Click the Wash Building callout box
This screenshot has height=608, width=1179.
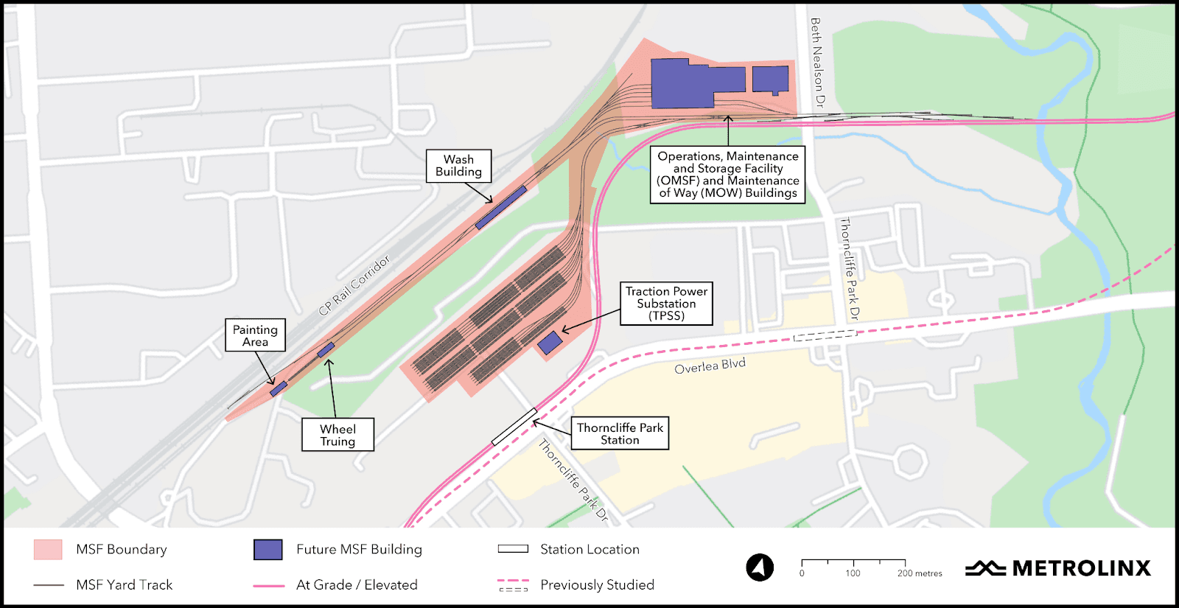coord(458,166)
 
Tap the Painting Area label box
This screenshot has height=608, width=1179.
coord(255,335)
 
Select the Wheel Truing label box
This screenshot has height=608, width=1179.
coord(337,435)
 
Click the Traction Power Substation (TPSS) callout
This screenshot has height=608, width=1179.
coord(666,303)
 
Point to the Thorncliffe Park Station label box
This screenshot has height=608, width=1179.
coord(620,433)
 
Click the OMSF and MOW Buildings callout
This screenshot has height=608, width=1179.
coord(727,175)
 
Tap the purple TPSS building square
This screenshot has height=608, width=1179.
coord(550,343)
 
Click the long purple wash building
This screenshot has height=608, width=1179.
coord(501,207)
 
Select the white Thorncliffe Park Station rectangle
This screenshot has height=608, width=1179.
coord(514,427)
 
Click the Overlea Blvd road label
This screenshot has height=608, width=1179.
coord(710,366)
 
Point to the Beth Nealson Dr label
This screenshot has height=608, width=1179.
coord(816,63)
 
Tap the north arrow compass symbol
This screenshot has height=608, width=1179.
coord(760,567)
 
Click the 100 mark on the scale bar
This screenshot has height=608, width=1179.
coord(853,573)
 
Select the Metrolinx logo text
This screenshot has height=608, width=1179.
coord(1081,568)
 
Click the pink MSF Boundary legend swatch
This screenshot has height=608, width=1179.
coord(48,550)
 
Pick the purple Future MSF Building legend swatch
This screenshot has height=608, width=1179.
coord(267,550)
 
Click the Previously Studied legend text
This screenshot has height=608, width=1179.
coord(597,584)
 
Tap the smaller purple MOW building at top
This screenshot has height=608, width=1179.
coord(771,79)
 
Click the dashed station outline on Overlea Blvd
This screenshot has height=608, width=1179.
coord(825,335)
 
